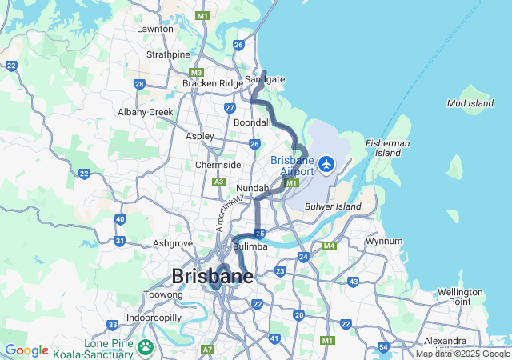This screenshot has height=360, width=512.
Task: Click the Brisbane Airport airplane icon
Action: click(326, 164)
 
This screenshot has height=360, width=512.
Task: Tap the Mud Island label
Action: click(470, 103)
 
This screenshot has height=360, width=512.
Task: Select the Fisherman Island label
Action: click(382, 147)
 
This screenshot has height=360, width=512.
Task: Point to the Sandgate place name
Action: click(265, 79)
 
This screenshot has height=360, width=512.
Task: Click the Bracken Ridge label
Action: click(212, 83)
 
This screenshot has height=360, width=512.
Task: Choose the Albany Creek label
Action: click(146, 112)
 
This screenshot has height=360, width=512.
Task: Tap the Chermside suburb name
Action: click(218, 165)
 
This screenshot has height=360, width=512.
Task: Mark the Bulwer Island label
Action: click(334, 206)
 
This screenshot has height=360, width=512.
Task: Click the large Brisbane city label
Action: click(212, 277)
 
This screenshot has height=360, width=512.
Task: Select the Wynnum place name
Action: click(384, 241)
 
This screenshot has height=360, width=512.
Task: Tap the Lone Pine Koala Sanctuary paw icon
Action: click(146, 346)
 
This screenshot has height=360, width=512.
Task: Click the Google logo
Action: click(26, 350)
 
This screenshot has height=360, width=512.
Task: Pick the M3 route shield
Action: click(197, 72)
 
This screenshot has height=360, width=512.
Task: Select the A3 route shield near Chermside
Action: click(218, 182)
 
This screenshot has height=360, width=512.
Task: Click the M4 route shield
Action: click(328, 246)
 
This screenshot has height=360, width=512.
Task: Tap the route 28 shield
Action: click(139, 84)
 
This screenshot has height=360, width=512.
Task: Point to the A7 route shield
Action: click(208, 350)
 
